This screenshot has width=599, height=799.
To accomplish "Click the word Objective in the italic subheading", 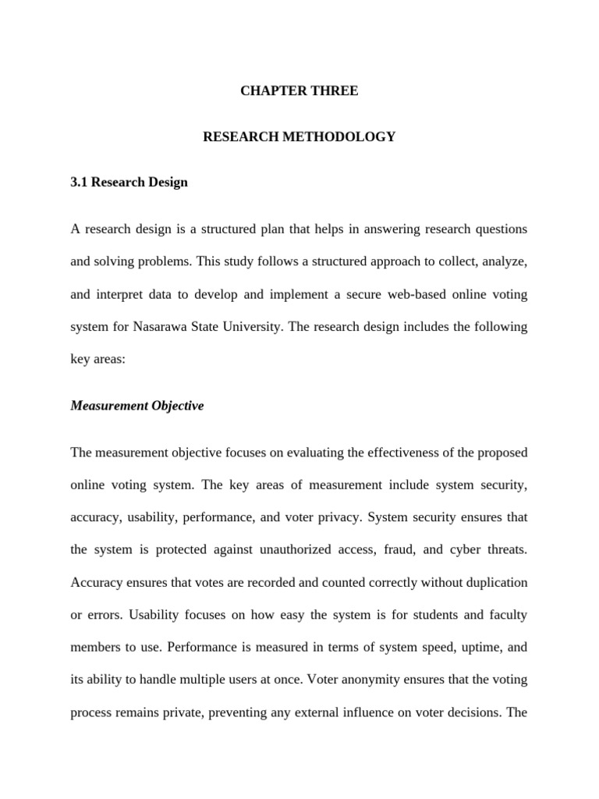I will click(172, 407).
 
